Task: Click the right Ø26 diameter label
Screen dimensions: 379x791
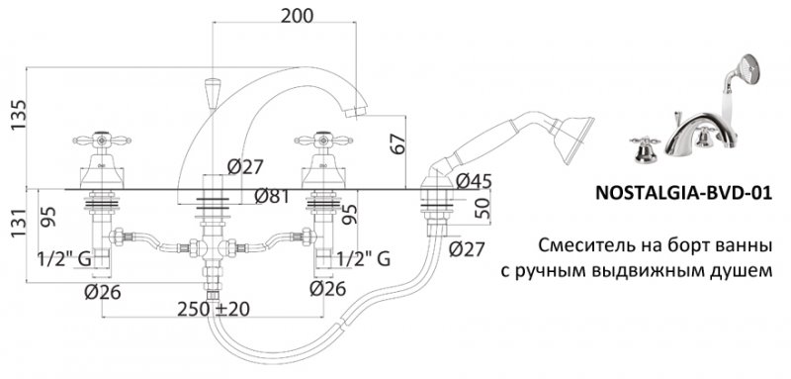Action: (327, 289)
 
